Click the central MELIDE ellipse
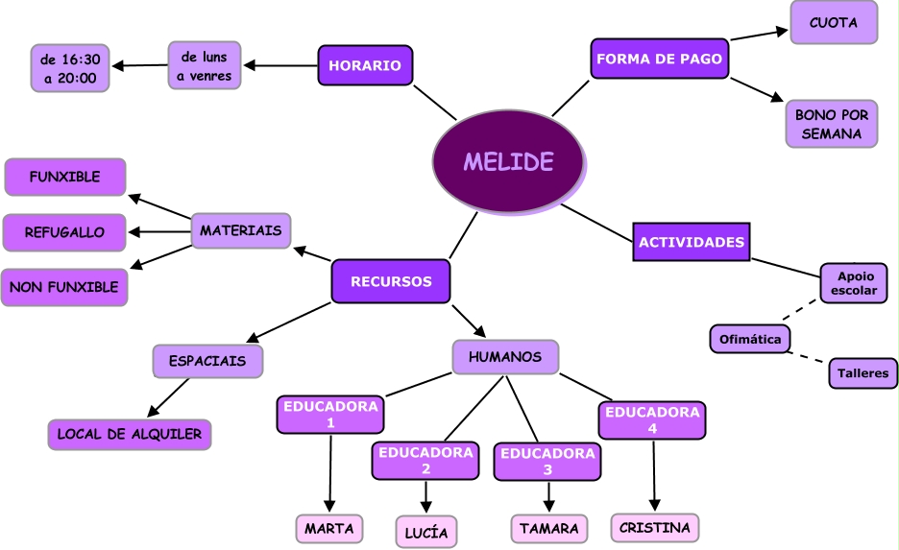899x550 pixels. click(508, 161)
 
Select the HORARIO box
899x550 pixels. click(365, 65)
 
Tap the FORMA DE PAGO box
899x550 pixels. click(659, 59)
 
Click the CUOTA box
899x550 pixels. click(834, 22)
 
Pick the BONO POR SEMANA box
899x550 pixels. click(832, 124)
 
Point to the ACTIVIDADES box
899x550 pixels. click(692, 242)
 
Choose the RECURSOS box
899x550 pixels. click(391, 281)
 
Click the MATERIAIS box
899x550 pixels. click(241, 230)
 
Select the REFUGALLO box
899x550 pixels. click(64, 232)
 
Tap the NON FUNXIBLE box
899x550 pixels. click(64, 287)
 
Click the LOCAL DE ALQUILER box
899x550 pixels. click(130, 434)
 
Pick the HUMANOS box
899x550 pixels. click(505, 357)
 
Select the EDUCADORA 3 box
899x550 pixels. click(547, 461)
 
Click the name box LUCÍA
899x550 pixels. click(426, 532)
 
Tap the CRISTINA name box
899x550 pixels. click(655, 527)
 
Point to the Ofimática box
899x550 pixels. click(750, 339)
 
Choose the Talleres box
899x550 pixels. click(863, 373)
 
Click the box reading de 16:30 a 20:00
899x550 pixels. click(70, 68)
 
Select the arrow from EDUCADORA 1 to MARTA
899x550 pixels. click(330, 473)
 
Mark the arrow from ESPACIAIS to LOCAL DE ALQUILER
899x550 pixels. click(168, 397)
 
